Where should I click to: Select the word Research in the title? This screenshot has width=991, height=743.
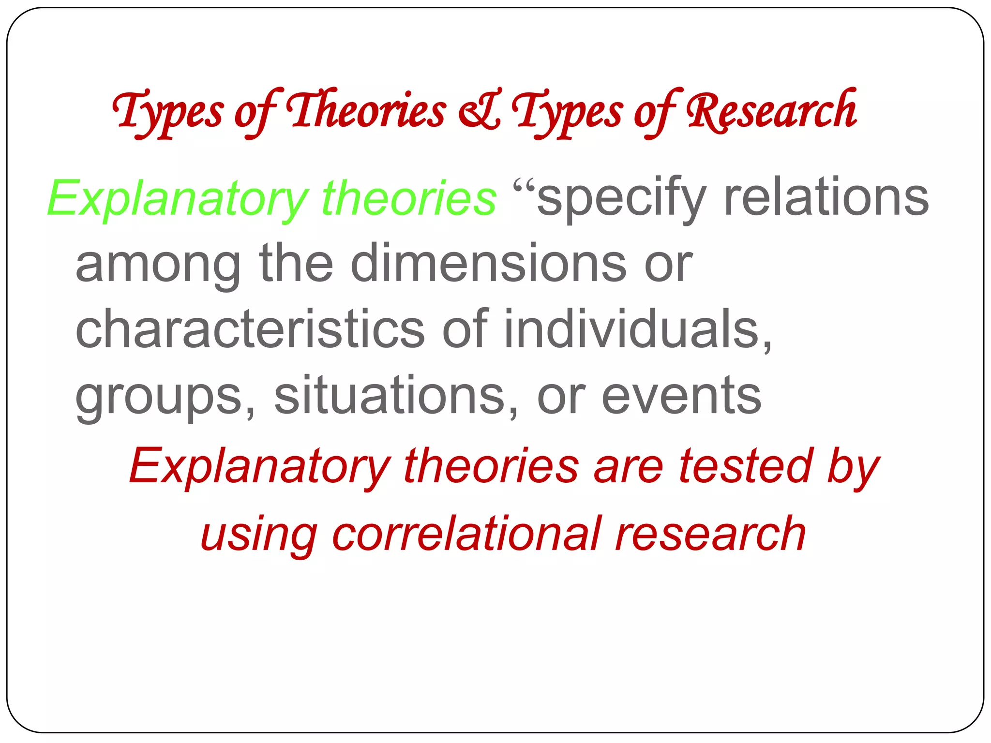click(x=771, y=111)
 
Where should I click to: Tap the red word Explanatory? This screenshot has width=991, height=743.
click(x=259, y=467)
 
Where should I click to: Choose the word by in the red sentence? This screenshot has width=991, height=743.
click(x=853, y=467)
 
